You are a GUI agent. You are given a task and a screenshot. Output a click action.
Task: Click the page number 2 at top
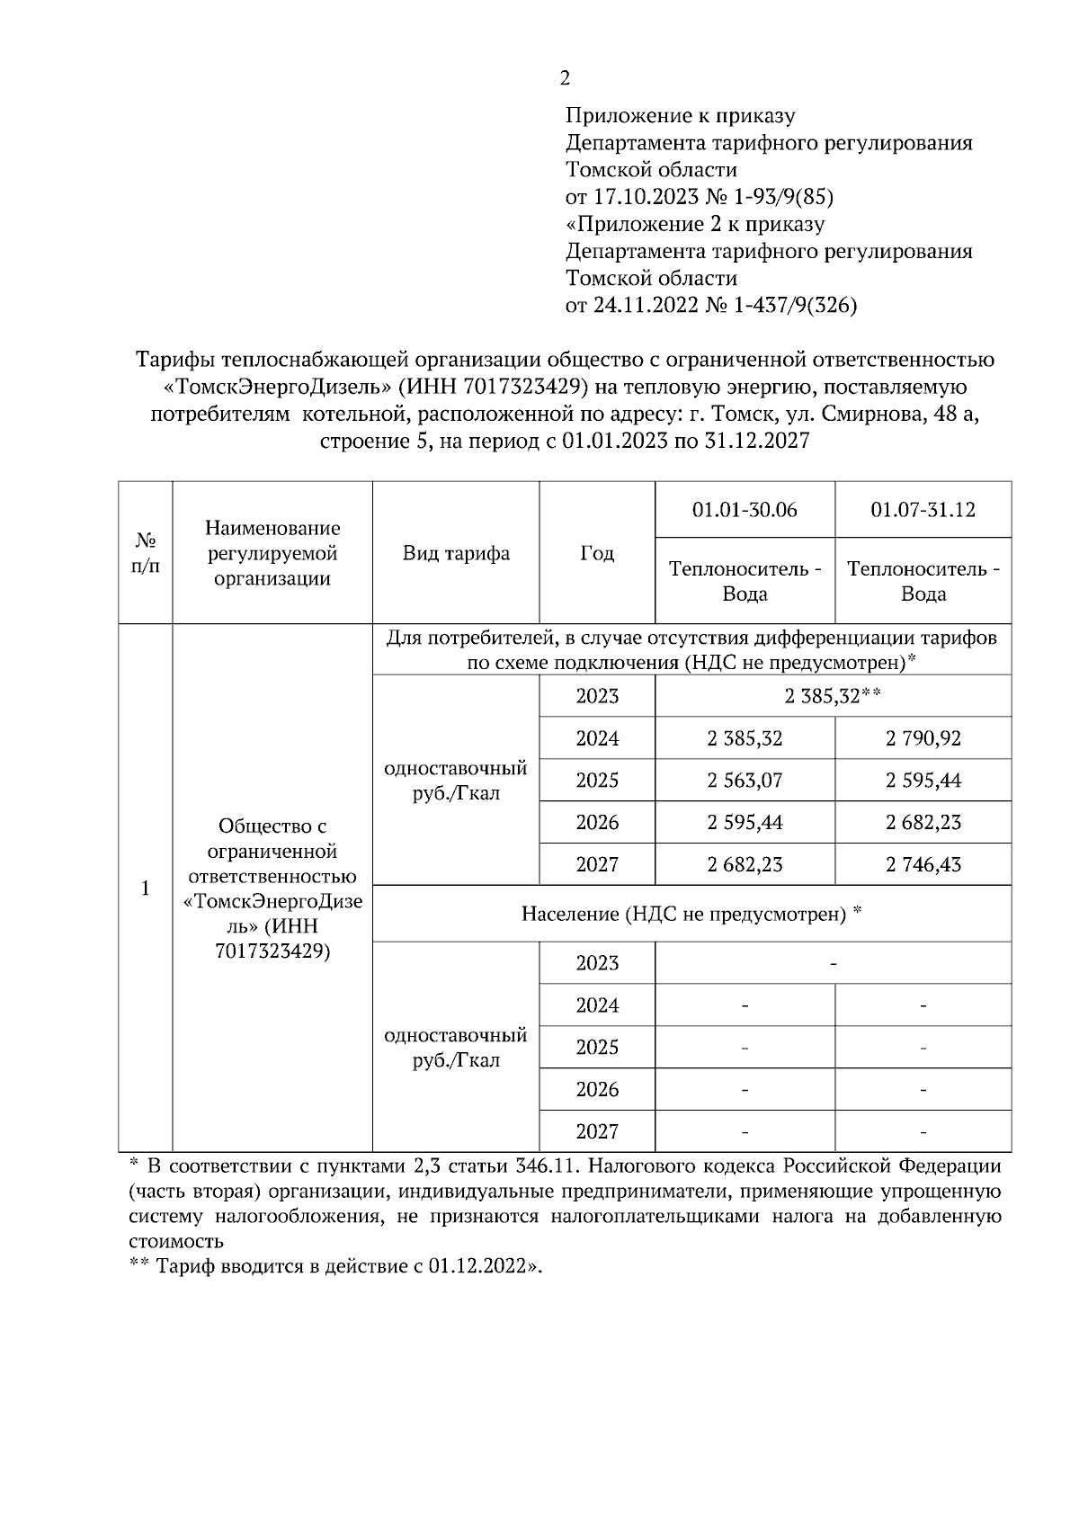565,79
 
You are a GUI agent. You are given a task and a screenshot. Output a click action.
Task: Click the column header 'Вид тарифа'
456,553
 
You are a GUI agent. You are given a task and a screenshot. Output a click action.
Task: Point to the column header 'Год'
597,553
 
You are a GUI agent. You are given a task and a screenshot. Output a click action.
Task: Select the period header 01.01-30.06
745,510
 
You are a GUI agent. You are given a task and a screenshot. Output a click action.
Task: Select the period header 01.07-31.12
923,510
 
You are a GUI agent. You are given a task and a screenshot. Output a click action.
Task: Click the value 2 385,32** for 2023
833,696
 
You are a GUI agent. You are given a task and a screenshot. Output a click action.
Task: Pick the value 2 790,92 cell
923,738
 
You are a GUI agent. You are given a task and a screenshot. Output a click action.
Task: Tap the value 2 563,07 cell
745,781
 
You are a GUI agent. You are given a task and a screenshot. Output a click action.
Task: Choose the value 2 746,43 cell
923,864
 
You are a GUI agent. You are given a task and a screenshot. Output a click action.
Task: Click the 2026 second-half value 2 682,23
923,822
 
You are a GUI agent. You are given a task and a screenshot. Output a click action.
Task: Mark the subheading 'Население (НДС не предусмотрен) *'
691,915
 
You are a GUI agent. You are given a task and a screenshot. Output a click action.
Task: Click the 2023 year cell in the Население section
597,963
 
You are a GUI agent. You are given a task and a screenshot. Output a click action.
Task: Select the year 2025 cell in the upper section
597,781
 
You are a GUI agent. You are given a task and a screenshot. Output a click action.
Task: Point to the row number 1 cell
145,889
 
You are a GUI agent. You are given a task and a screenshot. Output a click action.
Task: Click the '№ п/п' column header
145,553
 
